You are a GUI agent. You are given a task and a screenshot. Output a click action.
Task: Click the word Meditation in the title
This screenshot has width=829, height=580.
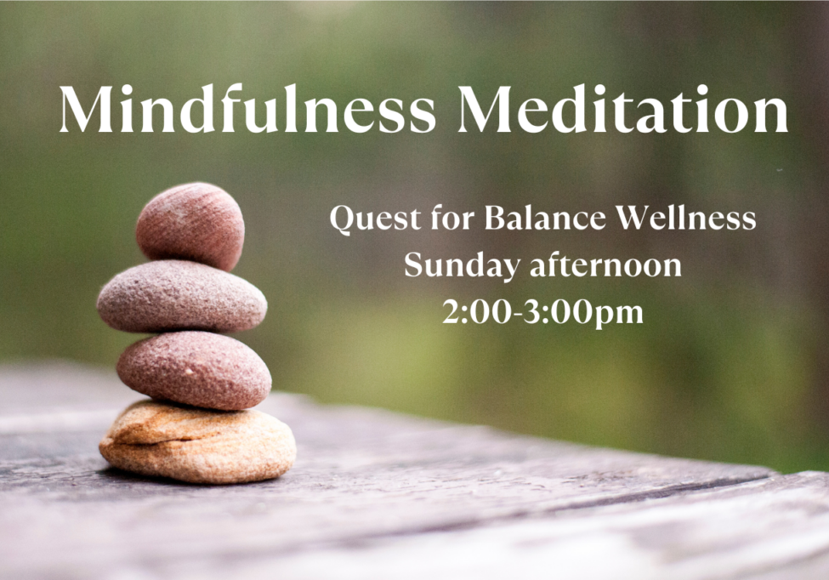click(x=625, y=110)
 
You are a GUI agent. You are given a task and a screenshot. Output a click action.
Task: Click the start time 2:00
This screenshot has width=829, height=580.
click(x=476, y=313)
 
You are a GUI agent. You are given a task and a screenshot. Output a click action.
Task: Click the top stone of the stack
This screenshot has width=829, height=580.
click(x=190, y=225)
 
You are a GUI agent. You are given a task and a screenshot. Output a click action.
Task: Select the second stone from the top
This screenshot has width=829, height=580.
click(x=181, y=297)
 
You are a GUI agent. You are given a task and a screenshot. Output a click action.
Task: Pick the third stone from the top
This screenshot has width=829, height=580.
click(x=194, y=370)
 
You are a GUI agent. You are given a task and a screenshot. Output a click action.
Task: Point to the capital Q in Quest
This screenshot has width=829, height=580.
click(x=342, y=219)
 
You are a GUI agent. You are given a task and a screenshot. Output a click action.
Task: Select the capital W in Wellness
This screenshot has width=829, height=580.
click(x=633, y=219)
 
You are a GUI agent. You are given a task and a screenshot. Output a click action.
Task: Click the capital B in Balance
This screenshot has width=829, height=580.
click(x=494, y=219)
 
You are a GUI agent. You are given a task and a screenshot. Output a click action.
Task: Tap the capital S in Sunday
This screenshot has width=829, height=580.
click(x=412, y=266)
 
